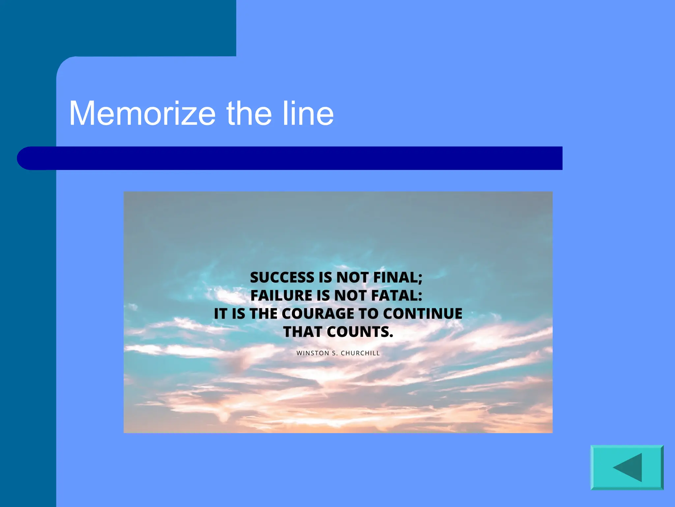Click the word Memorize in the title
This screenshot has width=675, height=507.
tap(142, 114)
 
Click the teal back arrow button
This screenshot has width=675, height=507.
tap(627, 467)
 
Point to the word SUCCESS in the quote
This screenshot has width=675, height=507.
tap(282, 277)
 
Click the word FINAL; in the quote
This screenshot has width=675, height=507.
tap(398, 277)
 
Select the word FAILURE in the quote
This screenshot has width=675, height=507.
tap(281, 295)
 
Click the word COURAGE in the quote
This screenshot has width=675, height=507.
tap(318, 314)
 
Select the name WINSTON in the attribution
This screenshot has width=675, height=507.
tap(313, 353)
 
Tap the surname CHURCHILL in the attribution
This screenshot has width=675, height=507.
tap(360, 353)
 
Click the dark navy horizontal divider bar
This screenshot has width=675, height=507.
tap(297, 158)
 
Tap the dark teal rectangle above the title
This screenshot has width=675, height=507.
tap(132, 26)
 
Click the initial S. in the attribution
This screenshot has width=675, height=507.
tap(335, 353)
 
